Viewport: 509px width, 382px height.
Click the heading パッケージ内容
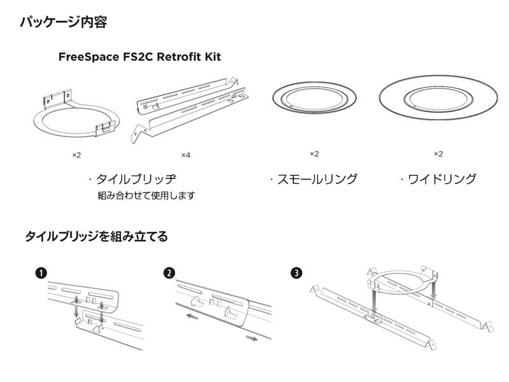tap(63, 24)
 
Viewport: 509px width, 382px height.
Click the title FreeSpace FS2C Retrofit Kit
tap(139, 57)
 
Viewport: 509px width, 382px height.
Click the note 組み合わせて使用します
tap(146, 195)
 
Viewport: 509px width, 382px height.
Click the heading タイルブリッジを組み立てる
tap(96, 237)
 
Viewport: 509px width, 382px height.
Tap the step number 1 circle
tap(41, 273)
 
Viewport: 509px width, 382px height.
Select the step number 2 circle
tap(169, 273)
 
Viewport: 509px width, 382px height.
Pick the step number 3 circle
tap(296, 273)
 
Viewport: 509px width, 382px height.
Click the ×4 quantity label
tap(186, 155)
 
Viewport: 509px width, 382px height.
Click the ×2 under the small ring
tap(314, 154)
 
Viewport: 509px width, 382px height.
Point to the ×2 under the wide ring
tap(438, 154)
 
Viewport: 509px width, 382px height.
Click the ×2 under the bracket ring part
tap(76, 155)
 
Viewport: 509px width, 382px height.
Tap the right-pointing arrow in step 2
tap(252, 339)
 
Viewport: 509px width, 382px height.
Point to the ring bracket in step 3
tap(401, 279)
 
